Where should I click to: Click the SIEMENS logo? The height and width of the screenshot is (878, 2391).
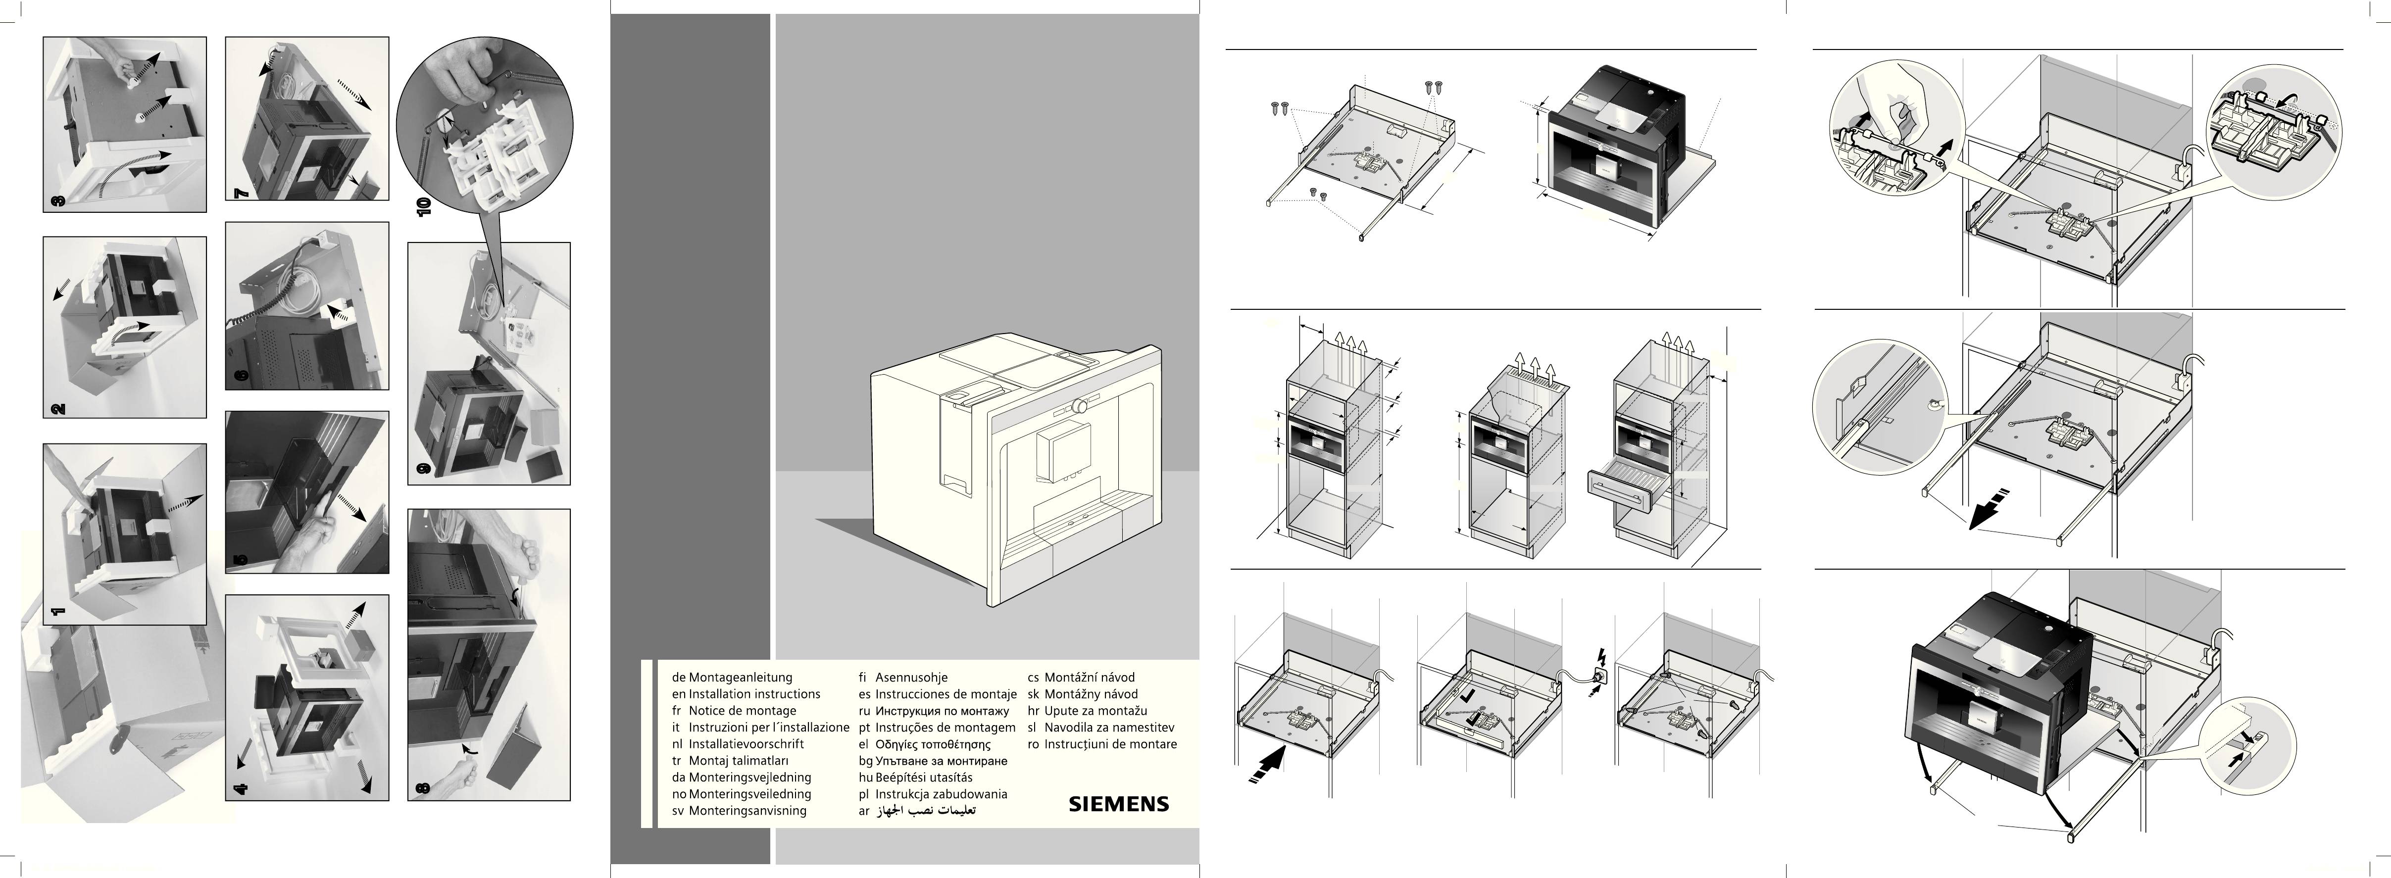[1118, 804]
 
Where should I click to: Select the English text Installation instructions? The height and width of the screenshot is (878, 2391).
[753, 694]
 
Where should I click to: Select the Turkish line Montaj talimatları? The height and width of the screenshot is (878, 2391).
[738, 761]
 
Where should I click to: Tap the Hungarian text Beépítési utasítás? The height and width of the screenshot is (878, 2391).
[924, 778]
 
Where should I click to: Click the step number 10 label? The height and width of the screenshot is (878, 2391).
[424, 206]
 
